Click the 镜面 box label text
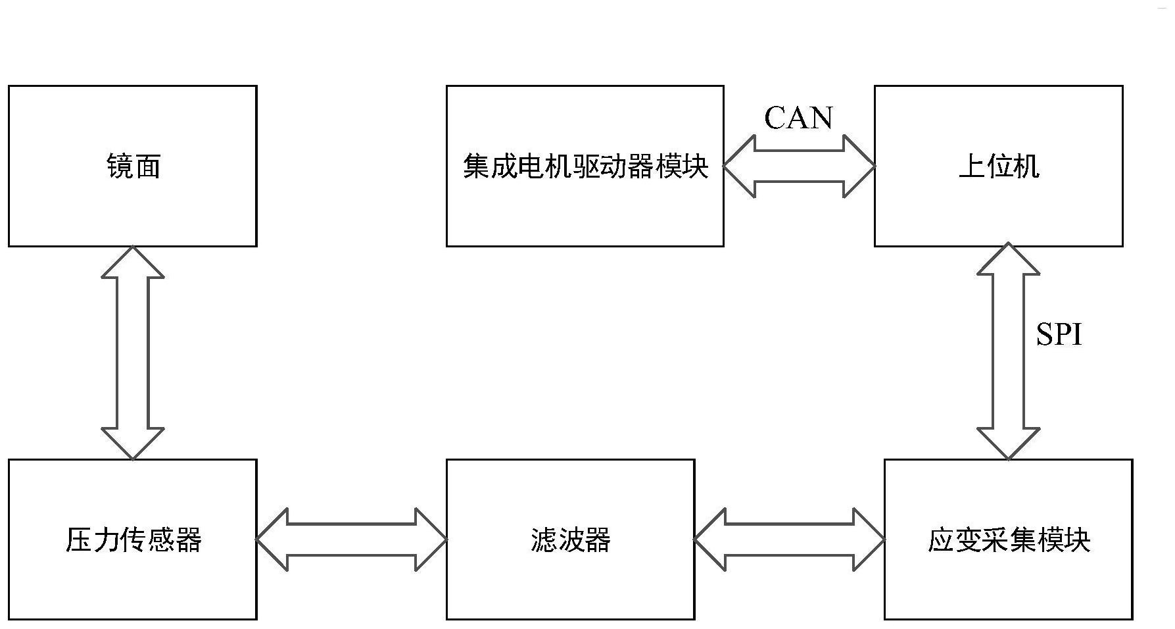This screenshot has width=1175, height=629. [x=133, y=166]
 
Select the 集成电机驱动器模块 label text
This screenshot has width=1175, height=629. [x=585, y=166]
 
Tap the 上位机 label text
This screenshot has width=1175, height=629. [x=999, y=166]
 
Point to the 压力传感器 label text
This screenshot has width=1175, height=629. [x=133, y=540]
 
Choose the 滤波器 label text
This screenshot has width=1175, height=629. [x=570, y=540]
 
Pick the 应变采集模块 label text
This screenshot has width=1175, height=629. [x=1009, y=540]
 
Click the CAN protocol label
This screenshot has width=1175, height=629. [x=798, y=118]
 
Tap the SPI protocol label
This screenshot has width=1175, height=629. [x=1059, y=335]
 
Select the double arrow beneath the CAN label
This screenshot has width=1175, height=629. [x=800, y=166]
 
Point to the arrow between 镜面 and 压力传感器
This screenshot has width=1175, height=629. [x=133, y=353]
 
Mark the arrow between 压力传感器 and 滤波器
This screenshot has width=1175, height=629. [x=352, y=540]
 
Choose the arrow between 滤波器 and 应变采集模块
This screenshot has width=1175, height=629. [x=789, y=540]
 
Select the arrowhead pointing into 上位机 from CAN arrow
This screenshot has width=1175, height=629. [x=860, y=166]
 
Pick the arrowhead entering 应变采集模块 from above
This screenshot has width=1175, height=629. [x=1008, y=443]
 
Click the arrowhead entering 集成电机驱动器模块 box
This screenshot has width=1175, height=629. [x=739, y=166]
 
